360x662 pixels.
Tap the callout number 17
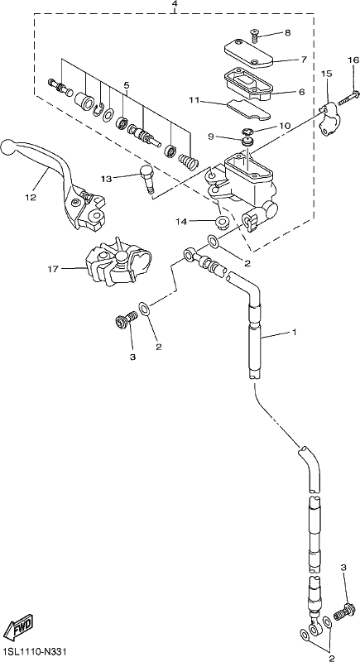[x=53, y=268]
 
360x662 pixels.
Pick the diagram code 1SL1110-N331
[x=34, y=653]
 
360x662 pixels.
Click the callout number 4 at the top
[x=175, y=4]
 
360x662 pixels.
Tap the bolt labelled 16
[x=348, y=96]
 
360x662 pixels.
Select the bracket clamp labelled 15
[x=327, y=120]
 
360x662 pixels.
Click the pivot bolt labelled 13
[x=147, y=179]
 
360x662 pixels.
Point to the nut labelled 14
[x=221, y=222]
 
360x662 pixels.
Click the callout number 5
[x=126, y=85]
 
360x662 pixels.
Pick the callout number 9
[x=211, y=137]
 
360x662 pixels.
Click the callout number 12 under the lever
[x=31, y=197]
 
